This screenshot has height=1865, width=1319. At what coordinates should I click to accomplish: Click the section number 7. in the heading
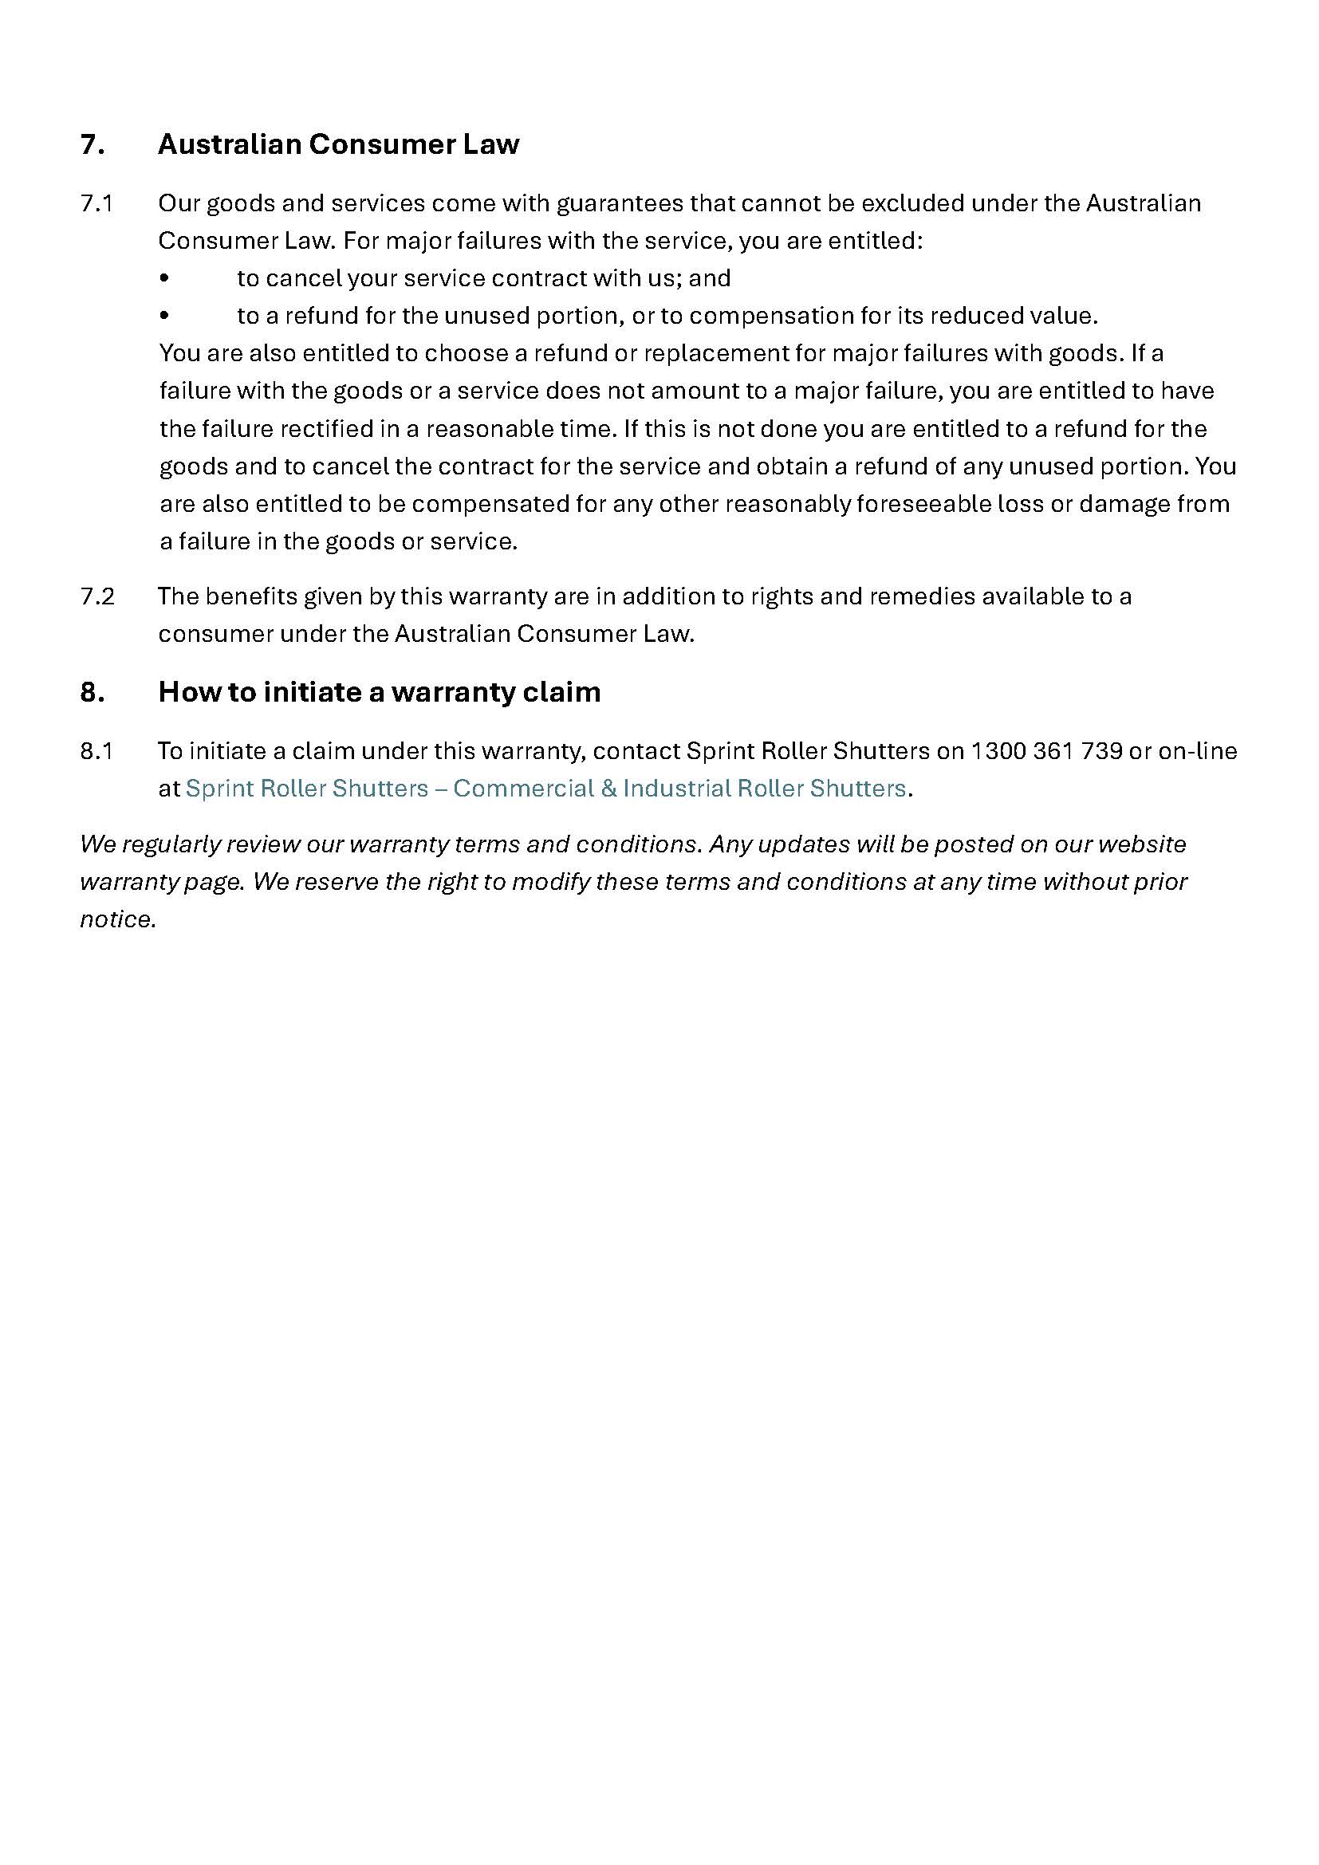[x=92, y=144]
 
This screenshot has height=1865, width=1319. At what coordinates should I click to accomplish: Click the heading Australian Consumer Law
[x=338, y=144]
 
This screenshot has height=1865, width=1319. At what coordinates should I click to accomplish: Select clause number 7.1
[x=96, y=203]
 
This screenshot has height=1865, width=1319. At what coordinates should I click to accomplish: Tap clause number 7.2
[x=96, y=596]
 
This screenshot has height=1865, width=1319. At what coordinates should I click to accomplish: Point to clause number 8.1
[x=96, y=750]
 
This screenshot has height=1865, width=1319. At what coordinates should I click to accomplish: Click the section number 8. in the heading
[x=92, y=692]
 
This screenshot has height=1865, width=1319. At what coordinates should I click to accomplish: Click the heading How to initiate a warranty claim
[x=380, y=692]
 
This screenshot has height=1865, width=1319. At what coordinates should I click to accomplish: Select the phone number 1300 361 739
[x=1046, y=750]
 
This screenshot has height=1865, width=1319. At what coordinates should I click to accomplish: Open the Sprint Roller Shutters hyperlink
[x=545, y=789]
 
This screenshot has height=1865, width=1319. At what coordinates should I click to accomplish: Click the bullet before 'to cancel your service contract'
[x=165, y=278]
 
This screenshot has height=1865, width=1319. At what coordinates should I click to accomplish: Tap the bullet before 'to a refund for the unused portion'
[x=165, y=316]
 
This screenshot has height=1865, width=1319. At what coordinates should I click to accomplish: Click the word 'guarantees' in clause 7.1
[x=619, y=203]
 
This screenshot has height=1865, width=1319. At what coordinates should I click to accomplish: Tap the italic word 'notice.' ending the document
[x=118, y=919]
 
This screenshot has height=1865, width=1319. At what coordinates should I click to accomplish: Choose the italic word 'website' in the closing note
[x=1142, y=844]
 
